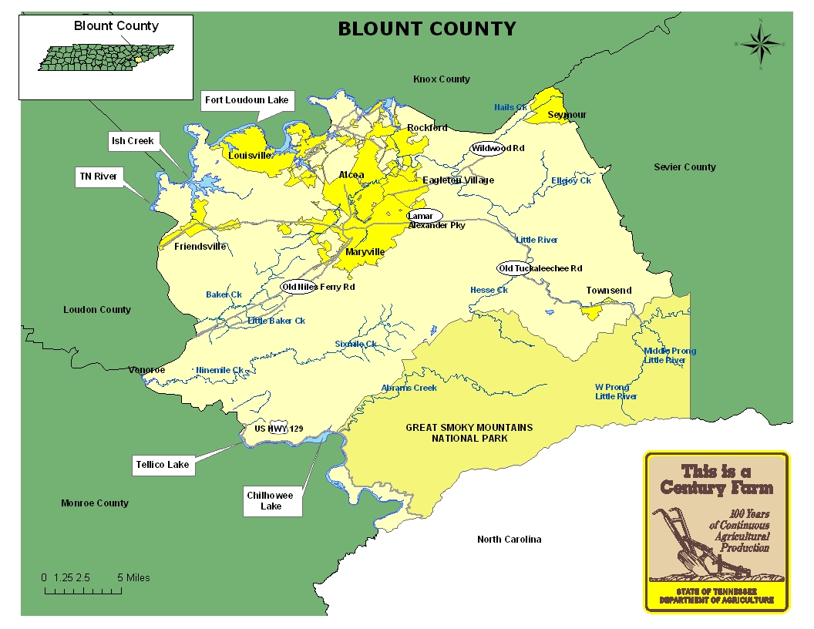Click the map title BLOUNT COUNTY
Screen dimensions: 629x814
point(427,29)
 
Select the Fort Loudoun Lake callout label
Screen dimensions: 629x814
point(246,100)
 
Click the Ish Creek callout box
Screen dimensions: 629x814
point(133,140)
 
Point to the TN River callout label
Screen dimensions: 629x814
point(98,177)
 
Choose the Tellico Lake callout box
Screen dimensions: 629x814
point(162,465)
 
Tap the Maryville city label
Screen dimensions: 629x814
point(365,252)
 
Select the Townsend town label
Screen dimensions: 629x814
point(608,291)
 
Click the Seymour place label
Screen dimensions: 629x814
point(567,115)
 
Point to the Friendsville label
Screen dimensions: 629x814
point(200,247)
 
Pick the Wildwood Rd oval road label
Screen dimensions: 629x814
point(497,148)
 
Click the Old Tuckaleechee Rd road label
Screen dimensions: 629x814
point(540,268)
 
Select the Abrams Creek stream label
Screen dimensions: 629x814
point(409,388)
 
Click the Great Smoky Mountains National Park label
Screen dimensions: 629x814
point(469,432)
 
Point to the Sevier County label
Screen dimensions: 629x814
point(684,167)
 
